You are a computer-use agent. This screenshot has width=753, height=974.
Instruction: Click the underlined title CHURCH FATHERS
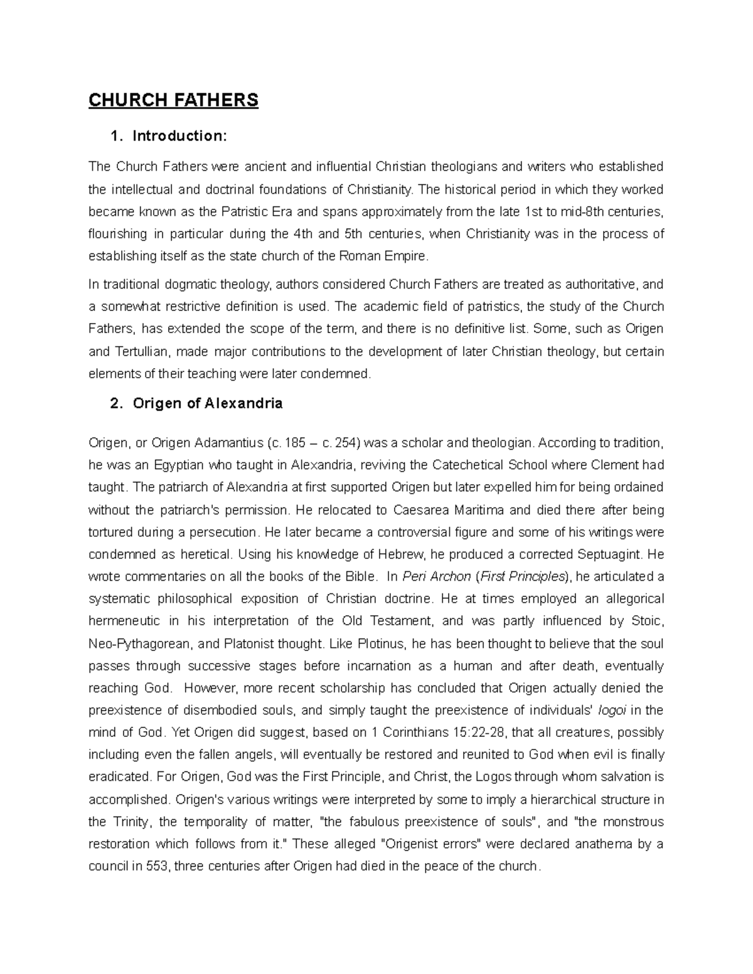point(173,100)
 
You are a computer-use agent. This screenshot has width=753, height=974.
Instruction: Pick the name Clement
point(598,465)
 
